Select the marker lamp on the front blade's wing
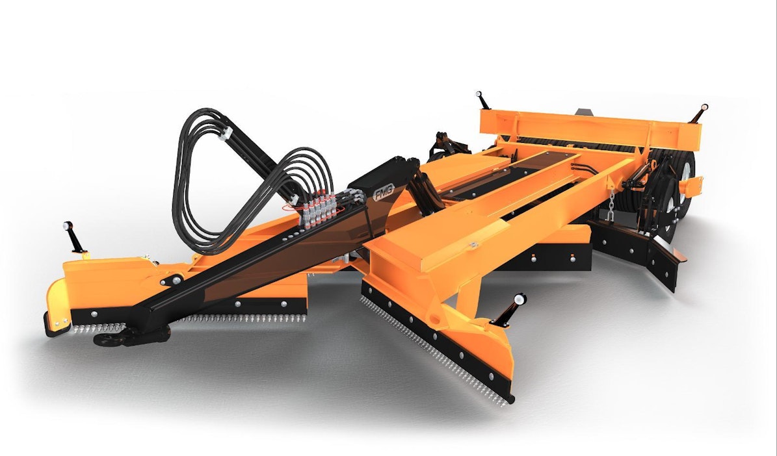coord(509,310)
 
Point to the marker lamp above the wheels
coord(699,114)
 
